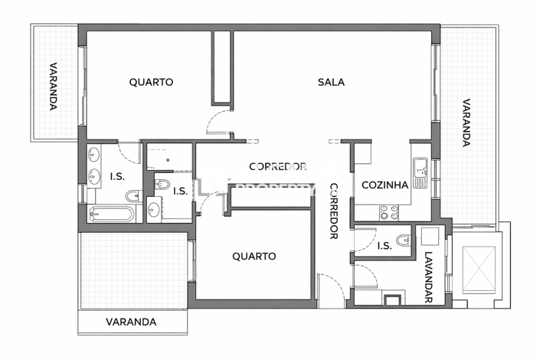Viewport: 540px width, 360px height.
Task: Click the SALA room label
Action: pyautogui.click(x=331, y=82)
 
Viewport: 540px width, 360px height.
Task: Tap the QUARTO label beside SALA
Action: pyautogui.click(x=151, y=82)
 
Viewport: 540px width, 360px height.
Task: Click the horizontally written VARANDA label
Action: pyautogui.click(x=131, y=322)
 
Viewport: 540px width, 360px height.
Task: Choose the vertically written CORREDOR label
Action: pyautogui.click(x=334, y=211)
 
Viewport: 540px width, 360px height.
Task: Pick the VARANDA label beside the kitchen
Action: pyautogui.click(x=466, y=123)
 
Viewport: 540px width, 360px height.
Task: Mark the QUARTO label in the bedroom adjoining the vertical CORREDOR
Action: pyautogui.click(x=254, y=257)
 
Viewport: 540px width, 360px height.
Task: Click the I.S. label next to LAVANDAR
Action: pyautogui.click(x=385, y=246)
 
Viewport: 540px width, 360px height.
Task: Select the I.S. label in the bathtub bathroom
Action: pyautogui.click(x=117, y=177)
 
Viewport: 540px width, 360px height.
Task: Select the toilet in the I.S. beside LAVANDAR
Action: pyautogui.click(x=403, y=237)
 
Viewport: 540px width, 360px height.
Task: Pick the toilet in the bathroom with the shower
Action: pyautogui.click(x=162, y=185)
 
